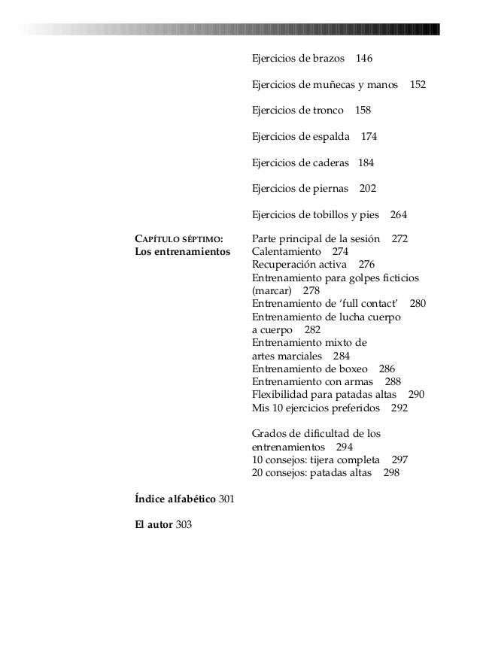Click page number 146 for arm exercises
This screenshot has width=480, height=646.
point(364,59)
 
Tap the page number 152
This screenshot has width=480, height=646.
point(418,84)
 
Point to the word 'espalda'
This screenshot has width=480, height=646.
point(330,136)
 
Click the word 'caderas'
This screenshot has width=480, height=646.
point(330,162)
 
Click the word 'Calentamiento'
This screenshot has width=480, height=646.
point(286,252)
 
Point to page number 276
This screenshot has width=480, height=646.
point(366,265)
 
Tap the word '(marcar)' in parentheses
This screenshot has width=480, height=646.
point(271,290)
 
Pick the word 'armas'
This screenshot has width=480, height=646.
point(360,381)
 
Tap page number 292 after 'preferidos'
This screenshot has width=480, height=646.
point(399,408)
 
